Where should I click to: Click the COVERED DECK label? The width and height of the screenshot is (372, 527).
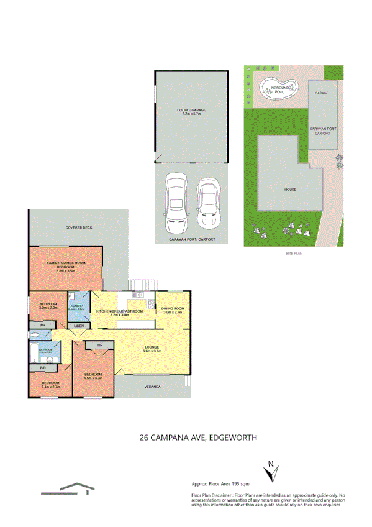click(x=79, y=228)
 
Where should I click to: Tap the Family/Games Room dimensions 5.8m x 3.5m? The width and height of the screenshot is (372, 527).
click(x=66, y=271)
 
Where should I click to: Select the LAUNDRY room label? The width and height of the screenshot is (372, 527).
click(x=76, y=306)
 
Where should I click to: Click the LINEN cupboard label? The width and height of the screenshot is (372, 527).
click(x=79, y=326)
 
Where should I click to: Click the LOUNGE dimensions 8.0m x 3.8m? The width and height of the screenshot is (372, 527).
click(x=153, y=351)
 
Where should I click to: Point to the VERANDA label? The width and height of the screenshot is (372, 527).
click(x=153, y=387)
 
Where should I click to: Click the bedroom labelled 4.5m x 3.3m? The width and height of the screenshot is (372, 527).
click(x=94, y=375)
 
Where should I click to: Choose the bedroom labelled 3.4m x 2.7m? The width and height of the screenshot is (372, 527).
click(x=50, y=385)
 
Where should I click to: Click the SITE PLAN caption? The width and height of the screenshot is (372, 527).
click(x=292, y=254)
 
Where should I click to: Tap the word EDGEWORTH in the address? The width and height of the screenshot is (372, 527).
click(x=234, y=438)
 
